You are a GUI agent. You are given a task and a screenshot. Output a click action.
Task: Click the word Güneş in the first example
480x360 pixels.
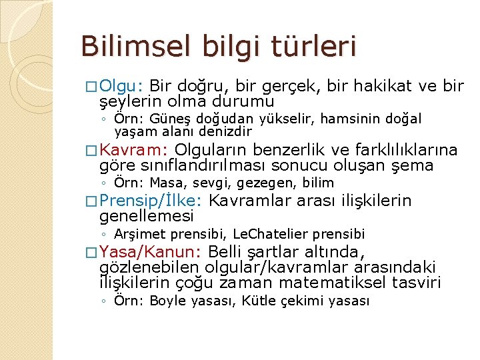tap(171, 119)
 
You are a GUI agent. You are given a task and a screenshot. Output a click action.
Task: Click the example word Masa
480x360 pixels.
tap(163, 183)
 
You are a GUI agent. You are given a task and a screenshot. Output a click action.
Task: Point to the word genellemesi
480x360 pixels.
tap(146, 217)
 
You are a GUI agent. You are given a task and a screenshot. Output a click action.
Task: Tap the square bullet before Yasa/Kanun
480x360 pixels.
tap(93, 253)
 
